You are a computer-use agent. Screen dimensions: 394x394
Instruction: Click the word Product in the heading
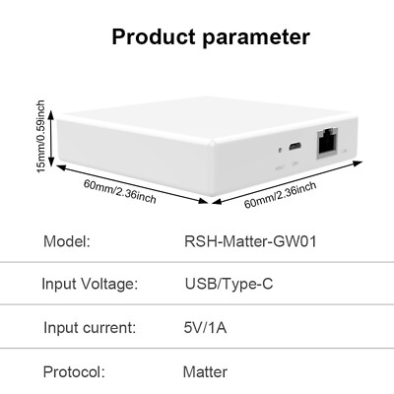pyautogui.click(x=154, y=36)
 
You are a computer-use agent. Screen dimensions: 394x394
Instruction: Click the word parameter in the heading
pyautogui.click(x=256, y=37)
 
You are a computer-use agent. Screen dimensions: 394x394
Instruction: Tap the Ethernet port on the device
pyautogui.click(x=327, y=144)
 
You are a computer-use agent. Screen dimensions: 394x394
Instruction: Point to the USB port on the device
pyautogui.click(x=295, y=146)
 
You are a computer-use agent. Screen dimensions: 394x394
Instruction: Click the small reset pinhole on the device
pyautogui.click(x=280, y=151)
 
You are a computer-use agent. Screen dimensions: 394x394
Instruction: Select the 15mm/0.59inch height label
pyautogui.click(x=40, y=137)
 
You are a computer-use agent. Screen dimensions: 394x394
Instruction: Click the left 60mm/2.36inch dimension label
pyautogui.click(x=119, y=191)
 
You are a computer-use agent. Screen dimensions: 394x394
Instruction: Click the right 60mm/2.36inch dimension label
pyautogui.click(x=281, y=195)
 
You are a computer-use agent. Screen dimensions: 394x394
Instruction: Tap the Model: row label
pyautogui.click(x=67, y=241)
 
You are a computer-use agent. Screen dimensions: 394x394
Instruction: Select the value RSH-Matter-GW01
pyautogui.click(x=250, y=241)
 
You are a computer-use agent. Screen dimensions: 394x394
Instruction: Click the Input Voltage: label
pyautogui.click(x=90, y=284)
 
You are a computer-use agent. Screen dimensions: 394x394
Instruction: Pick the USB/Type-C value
pyautogui.click(x=229, y=285)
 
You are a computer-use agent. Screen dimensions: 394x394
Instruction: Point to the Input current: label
pyautogui.click(x=90, y=328)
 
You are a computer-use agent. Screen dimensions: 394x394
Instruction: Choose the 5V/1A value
pyautogui.click(x=205, y=328)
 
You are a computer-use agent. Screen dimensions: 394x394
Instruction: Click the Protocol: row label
pyautogui.click(x=74, y=372)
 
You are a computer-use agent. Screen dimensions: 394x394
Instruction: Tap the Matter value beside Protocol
pyautogui.click(x=205, y=372)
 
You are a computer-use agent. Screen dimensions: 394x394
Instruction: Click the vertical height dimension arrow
pyautogui.click(x=51, y=139)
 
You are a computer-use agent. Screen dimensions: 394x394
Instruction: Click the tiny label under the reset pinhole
pyautogui.click(x=280, y=168)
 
